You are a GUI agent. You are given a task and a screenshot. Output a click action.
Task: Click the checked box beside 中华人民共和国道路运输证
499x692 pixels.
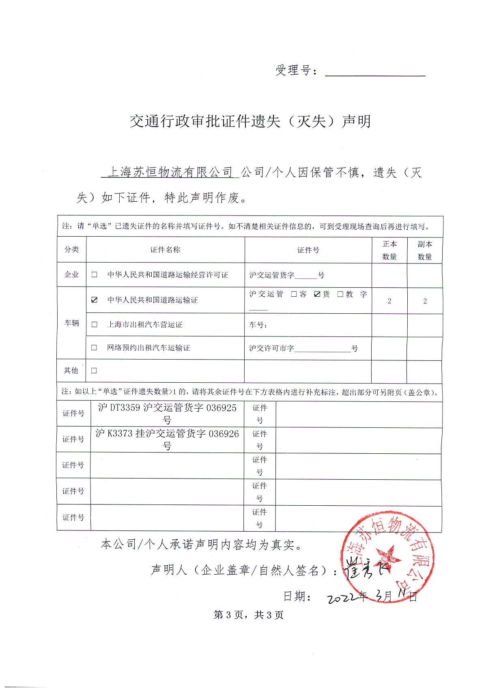95,300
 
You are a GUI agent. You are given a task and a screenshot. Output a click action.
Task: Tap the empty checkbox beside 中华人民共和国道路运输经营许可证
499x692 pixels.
95,275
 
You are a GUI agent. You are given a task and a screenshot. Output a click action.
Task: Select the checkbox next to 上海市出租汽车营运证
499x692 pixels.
95,324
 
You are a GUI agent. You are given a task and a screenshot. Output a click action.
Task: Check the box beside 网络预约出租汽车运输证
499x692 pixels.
94,347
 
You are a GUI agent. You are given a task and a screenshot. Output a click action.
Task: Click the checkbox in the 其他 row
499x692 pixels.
94,370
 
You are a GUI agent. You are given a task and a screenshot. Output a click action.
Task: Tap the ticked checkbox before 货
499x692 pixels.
317,294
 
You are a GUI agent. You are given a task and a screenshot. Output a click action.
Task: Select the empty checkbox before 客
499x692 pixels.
294,294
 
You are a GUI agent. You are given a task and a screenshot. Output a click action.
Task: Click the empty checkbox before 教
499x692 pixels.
340,294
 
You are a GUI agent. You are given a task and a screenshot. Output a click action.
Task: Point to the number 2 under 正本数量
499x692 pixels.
389,301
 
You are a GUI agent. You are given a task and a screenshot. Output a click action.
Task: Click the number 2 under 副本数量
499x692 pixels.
425,301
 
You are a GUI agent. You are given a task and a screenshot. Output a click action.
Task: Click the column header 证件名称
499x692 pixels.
165,250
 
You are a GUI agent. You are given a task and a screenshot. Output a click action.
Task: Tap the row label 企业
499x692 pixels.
72,275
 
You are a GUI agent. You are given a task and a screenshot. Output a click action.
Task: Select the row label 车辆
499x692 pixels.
72,323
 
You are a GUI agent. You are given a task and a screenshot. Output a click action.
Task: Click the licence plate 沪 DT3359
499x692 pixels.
119,407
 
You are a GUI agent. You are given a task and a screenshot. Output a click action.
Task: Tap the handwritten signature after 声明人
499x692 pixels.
365,568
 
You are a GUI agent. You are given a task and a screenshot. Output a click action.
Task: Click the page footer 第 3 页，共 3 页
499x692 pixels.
249,615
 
